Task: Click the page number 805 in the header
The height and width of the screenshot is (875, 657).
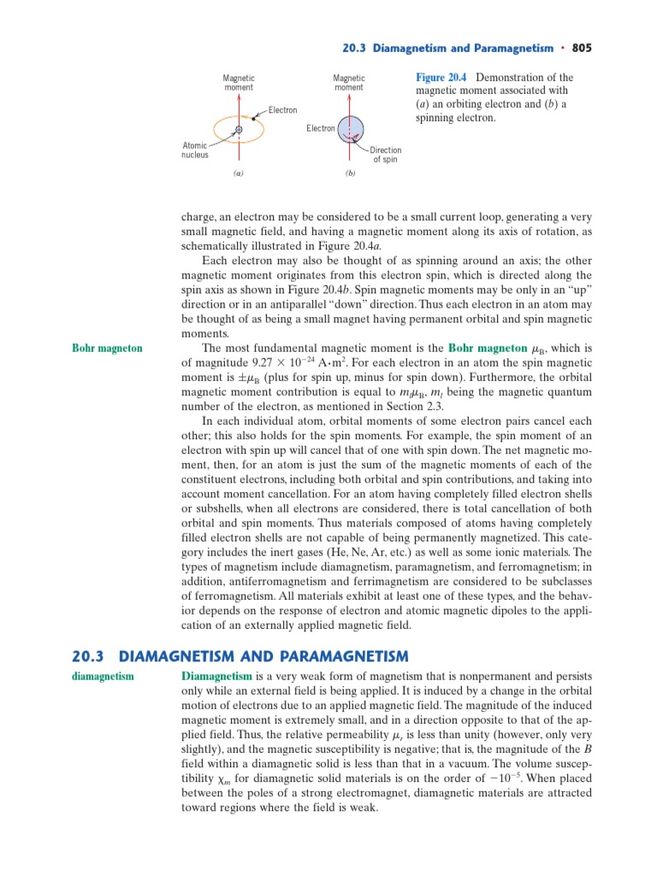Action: coord(582,48)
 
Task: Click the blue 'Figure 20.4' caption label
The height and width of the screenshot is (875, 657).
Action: coord(443,78)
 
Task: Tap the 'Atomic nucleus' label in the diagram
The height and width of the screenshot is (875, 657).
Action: coord(194,150)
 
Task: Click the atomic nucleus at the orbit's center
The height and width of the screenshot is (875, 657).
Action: coord(239,130)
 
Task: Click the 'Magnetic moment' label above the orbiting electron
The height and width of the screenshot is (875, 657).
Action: coord(239,83)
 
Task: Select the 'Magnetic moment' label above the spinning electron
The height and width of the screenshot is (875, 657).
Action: coord(349,83)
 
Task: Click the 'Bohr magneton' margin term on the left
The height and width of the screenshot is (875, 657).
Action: coord(107,349)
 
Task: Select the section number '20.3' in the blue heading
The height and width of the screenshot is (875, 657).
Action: coord(87,656)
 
